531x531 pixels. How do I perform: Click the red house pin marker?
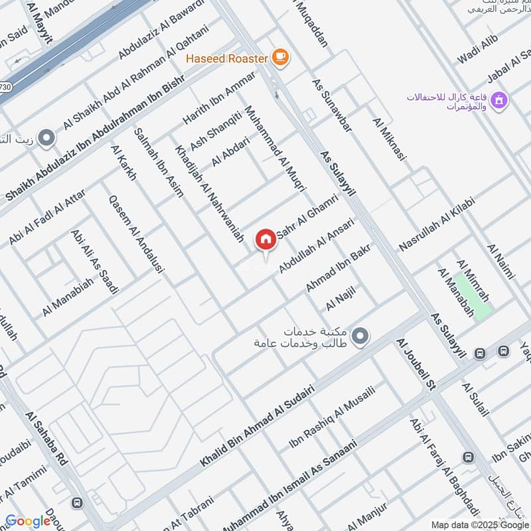click(x=265, y=240)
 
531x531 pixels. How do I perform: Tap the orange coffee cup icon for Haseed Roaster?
click(x=280, y=58)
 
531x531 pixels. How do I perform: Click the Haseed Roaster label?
click(x=227, y=58)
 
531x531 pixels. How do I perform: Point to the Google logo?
click(x=28, y=521)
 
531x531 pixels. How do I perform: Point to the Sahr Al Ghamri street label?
click(x=311, y=218)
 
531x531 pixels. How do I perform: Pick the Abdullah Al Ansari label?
click(x=317, y=246)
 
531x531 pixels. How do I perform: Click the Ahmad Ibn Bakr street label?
click(x=337, y=267)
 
